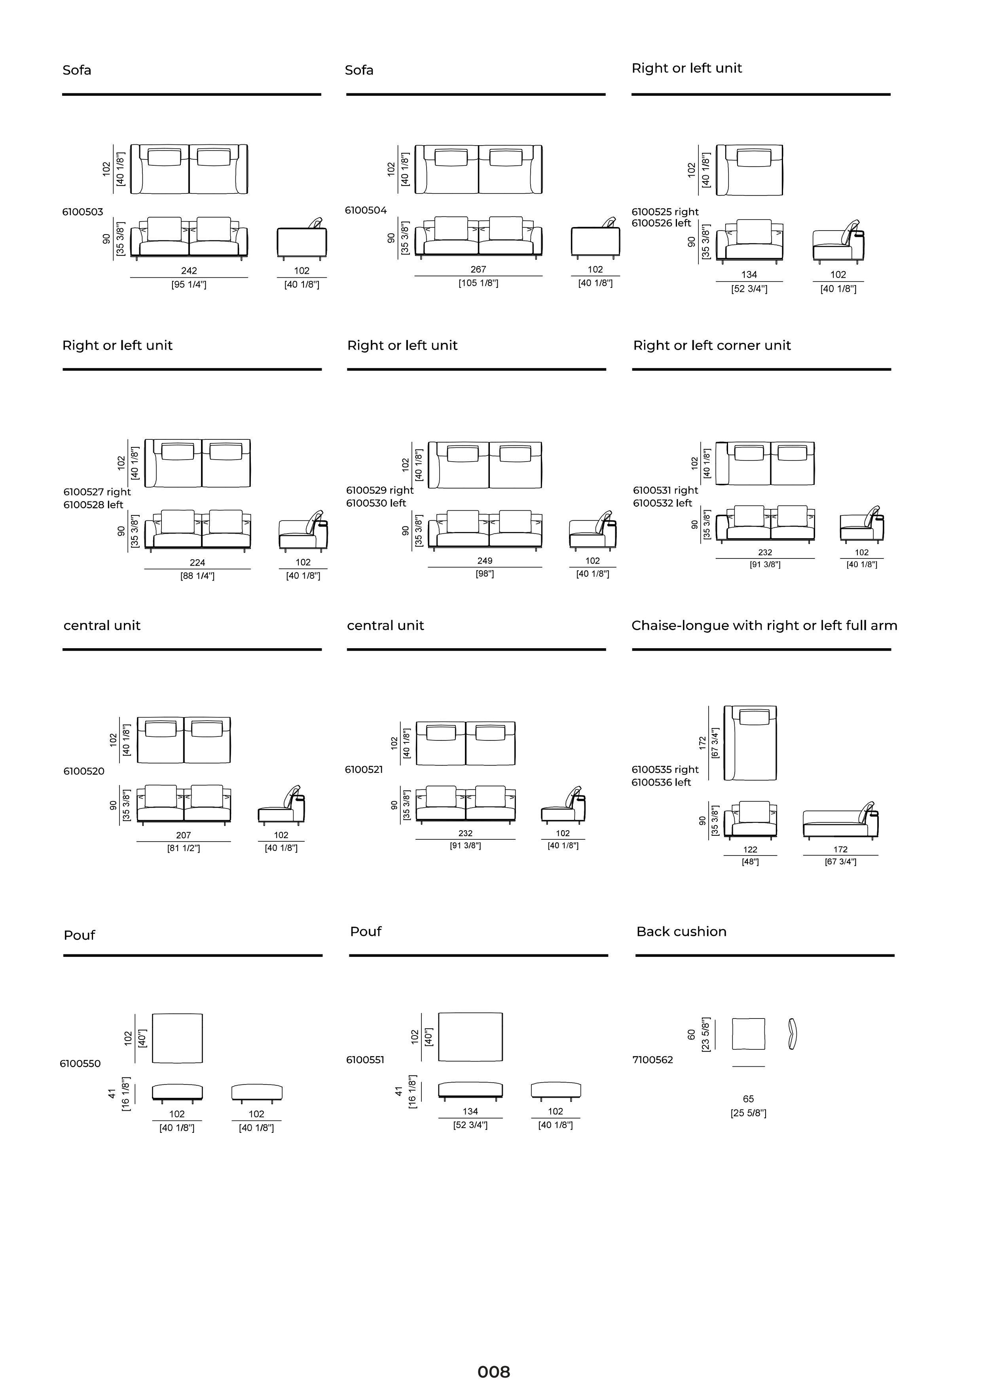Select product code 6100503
[83, 212]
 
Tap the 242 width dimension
[189, 271]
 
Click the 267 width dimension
[478, 269]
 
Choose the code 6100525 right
[665, 212]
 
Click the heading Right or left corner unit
[712, 346]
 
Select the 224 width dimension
[197, 563]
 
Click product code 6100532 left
[662, 503]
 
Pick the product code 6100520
[84, 772]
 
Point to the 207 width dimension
[183, 835]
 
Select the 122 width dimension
[750, 850]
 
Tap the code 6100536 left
[661, 782]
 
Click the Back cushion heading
[681, 931]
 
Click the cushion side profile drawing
[792, 1034]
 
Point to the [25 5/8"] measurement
[748, 1113]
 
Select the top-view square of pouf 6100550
[177, 1038]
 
